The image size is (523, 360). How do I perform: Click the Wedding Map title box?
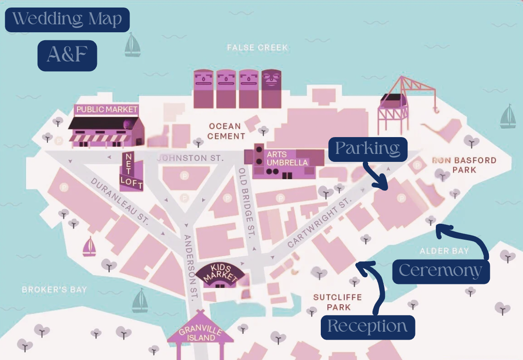click(67, 20)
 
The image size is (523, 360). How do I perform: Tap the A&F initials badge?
click(67, 55)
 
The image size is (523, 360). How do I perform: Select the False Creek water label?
click(257, 47)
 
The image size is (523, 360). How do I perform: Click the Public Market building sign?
click(107, 110)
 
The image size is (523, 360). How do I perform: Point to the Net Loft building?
click(131, 172)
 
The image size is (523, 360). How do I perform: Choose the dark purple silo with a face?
click(271, 88)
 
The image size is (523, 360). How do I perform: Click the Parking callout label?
click(368, 149)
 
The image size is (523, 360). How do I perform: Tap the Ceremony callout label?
click(441, 271)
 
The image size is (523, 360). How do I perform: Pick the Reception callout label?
click(368, 327)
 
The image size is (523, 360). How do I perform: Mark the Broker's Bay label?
click(54, 290)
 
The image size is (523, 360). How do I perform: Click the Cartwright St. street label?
click(319, 222)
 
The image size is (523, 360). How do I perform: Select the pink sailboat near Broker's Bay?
click(90, 247)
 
